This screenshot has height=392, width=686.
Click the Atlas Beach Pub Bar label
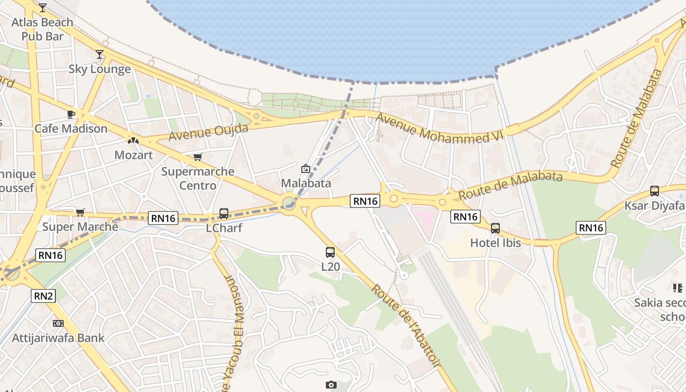click(x=42, y=29)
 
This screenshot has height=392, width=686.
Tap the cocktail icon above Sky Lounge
click(x=99, y=54)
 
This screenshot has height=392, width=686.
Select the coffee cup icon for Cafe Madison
click(x=71, y=115)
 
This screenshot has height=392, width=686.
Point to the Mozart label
click(x=133, y=155)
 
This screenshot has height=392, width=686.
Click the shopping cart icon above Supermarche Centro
click(x=197, y=157)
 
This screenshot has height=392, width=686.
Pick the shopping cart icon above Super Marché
click(x=80, y=212)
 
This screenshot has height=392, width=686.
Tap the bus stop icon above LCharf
click(x=224, y=214)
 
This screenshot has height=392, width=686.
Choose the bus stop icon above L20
click(x=330, y=252)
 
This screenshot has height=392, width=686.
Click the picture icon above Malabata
click(x=306, y=169)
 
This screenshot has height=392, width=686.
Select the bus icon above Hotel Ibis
click(x=495, y=228)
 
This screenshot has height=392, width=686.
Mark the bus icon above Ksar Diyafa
click(x=655, y=191)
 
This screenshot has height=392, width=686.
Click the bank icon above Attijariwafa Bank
click(x=58, y=323)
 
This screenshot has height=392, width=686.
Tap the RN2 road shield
click(x=44, y=296)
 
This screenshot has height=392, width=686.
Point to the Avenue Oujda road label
click(x=208, y=132)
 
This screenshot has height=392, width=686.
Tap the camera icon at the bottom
click(x=331, y=385)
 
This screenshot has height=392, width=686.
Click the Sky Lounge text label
click(x=99, y=69)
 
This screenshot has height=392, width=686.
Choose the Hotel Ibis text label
click(x=495, y=243)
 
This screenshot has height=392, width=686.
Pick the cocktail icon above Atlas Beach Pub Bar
click(x=43, y=8)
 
